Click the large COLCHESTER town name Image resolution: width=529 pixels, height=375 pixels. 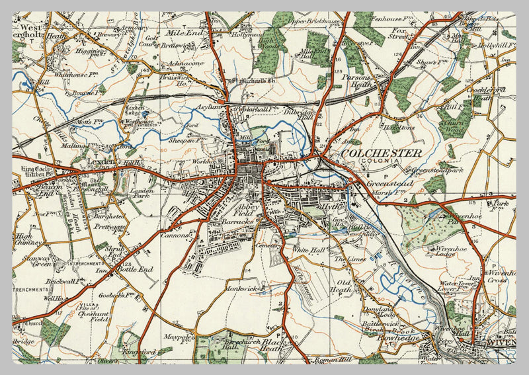click(382, 153)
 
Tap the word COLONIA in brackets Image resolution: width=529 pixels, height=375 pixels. click(382, 161)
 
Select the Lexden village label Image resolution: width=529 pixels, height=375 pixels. click(86, 161)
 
